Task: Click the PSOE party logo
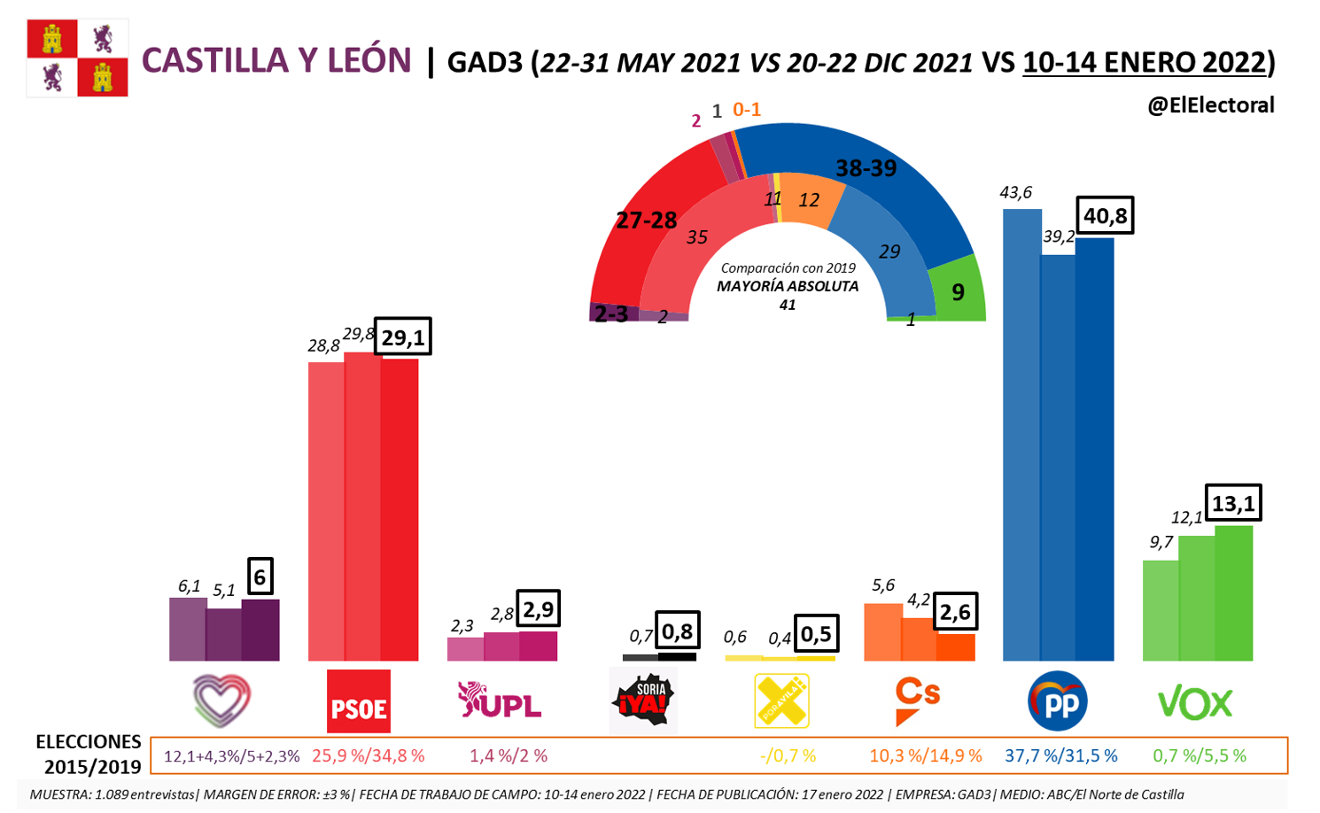click(x=358, y=701)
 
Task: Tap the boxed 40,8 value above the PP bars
click(x=1106, y=215)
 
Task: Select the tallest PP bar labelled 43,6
click(x=1021, y=434)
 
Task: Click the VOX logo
click(x=1195, y=703)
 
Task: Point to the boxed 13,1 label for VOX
click(x=1233, y=503)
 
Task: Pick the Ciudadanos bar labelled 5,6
click(x=882, y=631)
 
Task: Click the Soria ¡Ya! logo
click(x=644, y=701)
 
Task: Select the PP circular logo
click(x=1058, y=701)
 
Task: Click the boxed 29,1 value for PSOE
click(x=403, y=337)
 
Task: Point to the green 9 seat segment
click(x=958, y=290)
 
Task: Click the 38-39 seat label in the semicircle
click(x=866, y=168)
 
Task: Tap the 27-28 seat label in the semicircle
click(x=646, y=221)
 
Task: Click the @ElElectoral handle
click(x=1210, y=105)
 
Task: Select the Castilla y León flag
click(x=77, y=58)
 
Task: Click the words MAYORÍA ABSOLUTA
click(x=788, y=286)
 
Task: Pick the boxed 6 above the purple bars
click(x=260, y=577)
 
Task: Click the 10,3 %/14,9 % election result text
click(x=925, y=756)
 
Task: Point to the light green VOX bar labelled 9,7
click(x=1161, y=610)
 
